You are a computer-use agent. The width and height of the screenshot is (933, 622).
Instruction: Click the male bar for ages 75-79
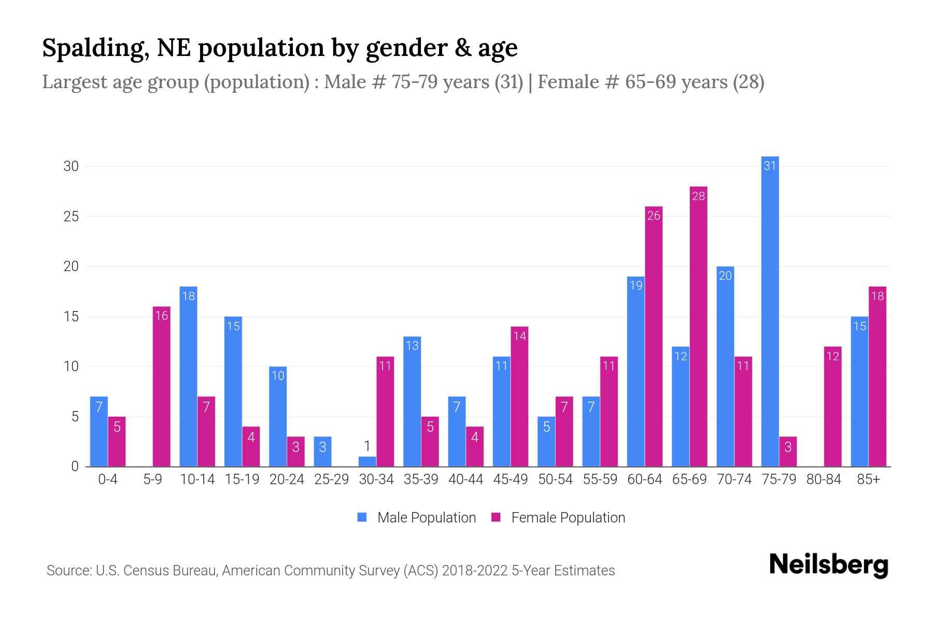[x=770, y=311]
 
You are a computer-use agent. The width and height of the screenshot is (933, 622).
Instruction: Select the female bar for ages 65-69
[x=698, y=327]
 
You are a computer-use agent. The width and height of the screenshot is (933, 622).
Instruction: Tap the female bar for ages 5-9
[x=161, y=386]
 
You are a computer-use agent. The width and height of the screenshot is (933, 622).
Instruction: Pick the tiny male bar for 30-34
[x=367, y=461]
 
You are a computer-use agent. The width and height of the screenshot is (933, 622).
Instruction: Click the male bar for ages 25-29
[x=322, y=451]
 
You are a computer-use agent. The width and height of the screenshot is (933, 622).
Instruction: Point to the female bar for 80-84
[x=832, y=406]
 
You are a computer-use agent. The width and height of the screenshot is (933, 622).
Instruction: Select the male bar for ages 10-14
[x=188, y=376]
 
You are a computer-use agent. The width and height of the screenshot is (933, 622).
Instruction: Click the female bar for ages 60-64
[x=654, y=336]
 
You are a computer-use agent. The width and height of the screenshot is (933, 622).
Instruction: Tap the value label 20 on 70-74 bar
[x=725, y=276]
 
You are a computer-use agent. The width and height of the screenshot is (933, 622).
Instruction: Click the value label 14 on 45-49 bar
[x=519, y=336]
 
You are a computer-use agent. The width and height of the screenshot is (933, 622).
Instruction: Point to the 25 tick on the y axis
[x=71, y=216]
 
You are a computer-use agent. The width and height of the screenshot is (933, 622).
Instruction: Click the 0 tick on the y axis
[x=75, y=466]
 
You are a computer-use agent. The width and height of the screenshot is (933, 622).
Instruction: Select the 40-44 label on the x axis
[x=465, y=479]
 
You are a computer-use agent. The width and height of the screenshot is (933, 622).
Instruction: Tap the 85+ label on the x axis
[x=868, y=479]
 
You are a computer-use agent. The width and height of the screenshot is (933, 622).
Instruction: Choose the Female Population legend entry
[x=558, y=517]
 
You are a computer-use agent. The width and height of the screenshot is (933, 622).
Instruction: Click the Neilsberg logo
[x=828, y=565]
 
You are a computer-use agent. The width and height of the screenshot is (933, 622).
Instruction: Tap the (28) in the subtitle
[x=748, y=82]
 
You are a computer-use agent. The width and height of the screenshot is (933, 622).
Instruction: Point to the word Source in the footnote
[x=68, y=571]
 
